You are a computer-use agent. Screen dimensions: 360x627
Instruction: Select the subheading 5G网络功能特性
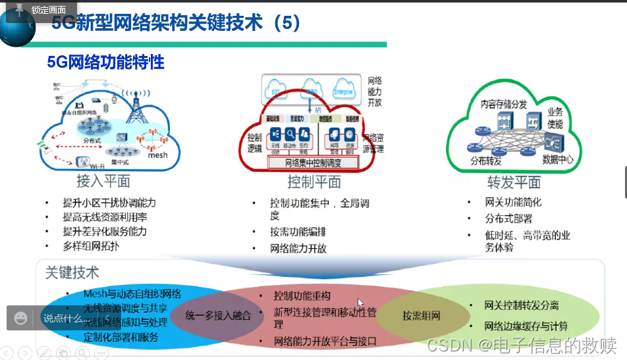[105, 63]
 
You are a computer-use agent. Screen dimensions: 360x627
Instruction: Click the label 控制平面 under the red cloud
[313, 182]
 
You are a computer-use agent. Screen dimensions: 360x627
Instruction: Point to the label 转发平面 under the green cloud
[514, 182]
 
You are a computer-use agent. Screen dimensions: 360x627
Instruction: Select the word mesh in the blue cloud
[157, 155]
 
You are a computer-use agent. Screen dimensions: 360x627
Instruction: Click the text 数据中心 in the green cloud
[559, 159]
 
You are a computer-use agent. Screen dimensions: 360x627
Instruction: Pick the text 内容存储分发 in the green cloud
[503, 104]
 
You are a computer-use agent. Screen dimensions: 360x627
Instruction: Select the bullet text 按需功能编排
[298, 232]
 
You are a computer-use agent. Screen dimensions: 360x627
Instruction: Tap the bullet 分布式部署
[508, 219]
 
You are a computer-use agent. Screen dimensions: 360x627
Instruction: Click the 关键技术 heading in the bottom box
[72, 272]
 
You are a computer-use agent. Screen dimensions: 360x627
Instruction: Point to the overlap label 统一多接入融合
[218, 315]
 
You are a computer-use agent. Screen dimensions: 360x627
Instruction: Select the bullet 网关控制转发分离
[521, 305]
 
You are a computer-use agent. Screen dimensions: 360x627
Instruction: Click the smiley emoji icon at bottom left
[21, 319]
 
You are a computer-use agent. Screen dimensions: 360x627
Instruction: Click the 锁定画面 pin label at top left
[47, 10]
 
